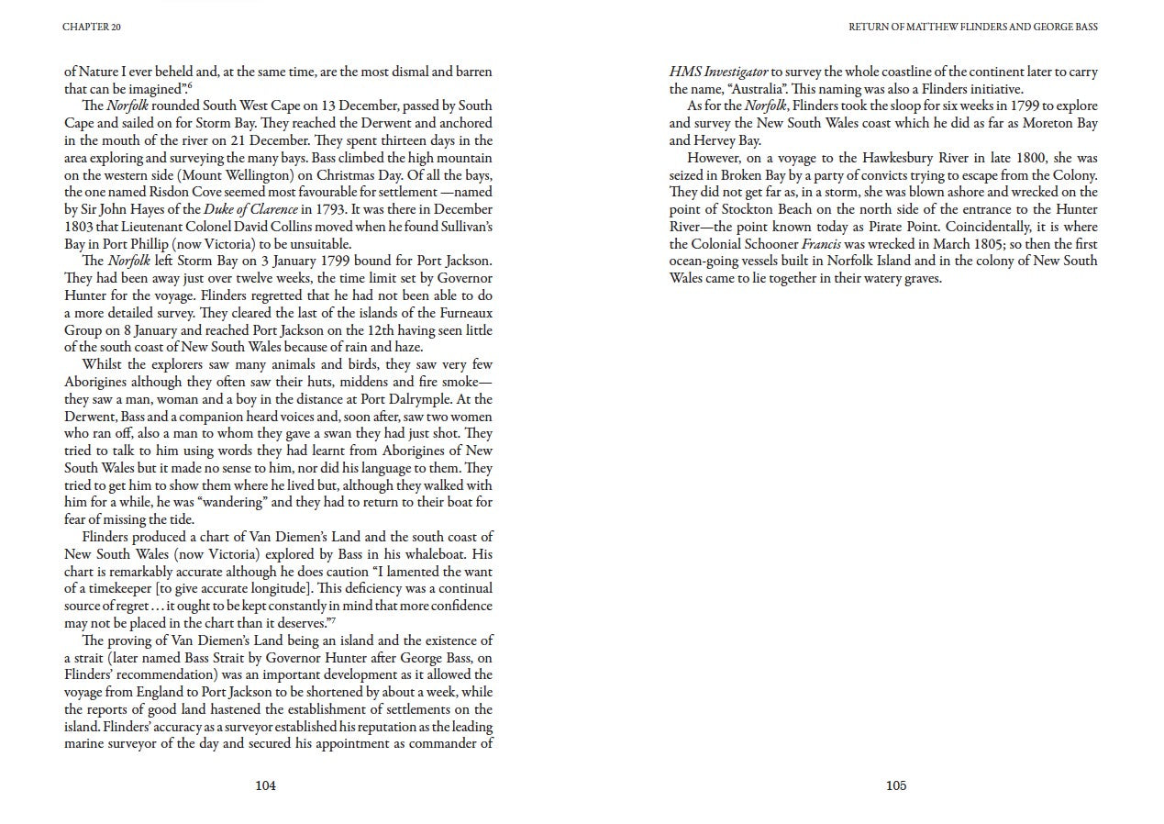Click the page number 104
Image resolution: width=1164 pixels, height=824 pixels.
tap(265, 785)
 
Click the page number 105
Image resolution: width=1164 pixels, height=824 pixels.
tap(896, 785)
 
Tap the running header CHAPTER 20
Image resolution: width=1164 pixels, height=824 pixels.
tap(92, 27)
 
